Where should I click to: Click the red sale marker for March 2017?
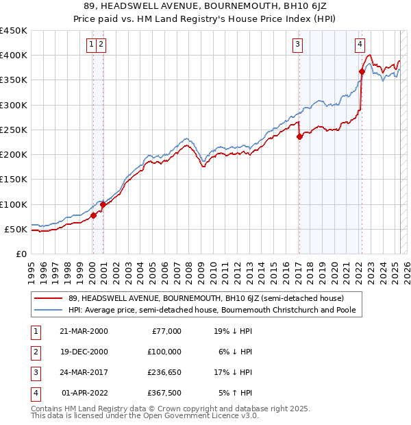pos(299,136)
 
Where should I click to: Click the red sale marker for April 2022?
pos(361,71)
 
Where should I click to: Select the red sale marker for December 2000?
pos(103,204)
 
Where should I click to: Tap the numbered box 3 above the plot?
pos(299,45)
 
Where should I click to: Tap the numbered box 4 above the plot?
pos(360,45)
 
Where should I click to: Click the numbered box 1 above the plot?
pos(92,45)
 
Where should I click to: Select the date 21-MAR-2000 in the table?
pos(84,331)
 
